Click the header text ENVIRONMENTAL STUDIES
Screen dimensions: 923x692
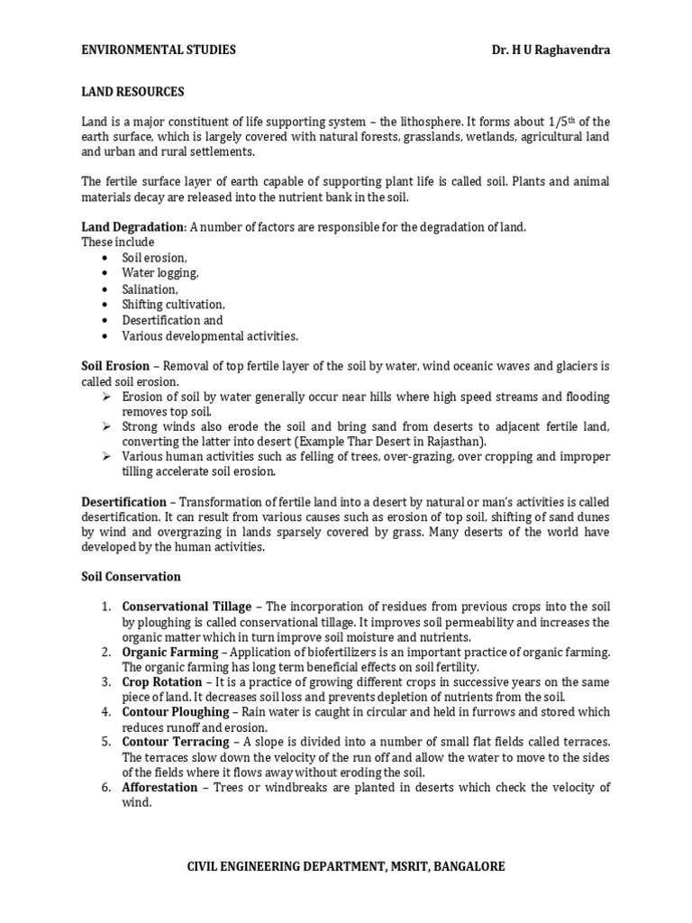[159, 50]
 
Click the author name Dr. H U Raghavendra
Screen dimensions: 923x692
[546, 50]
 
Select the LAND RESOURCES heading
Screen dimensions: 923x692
[133, 92]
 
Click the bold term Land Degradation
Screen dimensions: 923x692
[132, 227]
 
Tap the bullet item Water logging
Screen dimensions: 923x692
[160, 273]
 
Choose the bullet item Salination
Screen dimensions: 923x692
[150, 289]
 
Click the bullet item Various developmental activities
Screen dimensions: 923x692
[210, 336]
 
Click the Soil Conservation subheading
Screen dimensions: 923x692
[132, 576]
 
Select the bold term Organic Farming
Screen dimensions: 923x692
[170, 652]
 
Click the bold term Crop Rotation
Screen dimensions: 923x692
[162, 682]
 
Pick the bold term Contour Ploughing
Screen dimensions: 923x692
[176, 712]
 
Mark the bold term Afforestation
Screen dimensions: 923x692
[160, 787]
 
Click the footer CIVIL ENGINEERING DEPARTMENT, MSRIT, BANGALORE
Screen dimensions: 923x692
[346, 866]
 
